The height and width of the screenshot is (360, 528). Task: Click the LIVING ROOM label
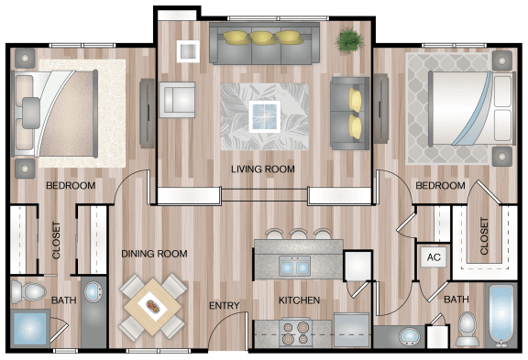point(263,169)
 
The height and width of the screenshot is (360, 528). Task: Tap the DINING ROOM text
point(154,254)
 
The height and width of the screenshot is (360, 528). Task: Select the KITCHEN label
point(299,300)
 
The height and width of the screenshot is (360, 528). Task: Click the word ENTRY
point(225,305)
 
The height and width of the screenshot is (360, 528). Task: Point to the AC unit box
point(434,257)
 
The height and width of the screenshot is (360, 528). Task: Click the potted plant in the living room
point(350,40)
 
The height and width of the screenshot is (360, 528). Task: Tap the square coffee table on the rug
point(265,116)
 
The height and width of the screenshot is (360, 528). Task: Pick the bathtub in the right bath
point(501,315)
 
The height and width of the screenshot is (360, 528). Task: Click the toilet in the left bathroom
point(27,291)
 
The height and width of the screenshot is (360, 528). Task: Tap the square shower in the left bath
point(29,328)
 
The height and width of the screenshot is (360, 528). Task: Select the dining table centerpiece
point(152,305)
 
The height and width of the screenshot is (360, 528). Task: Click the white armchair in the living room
point(177,100)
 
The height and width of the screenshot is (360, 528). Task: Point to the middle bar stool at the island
point(298,235)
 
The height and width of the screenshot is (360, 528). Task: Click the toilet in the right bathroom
point(467,328)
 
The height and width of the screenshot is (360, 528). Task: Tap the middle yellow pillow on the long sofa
point(263,38)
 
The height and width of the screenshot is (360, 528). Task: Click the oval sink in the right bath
point(409,336)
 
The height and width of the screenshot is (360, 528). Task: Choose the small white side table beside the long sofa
point(188,50)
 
